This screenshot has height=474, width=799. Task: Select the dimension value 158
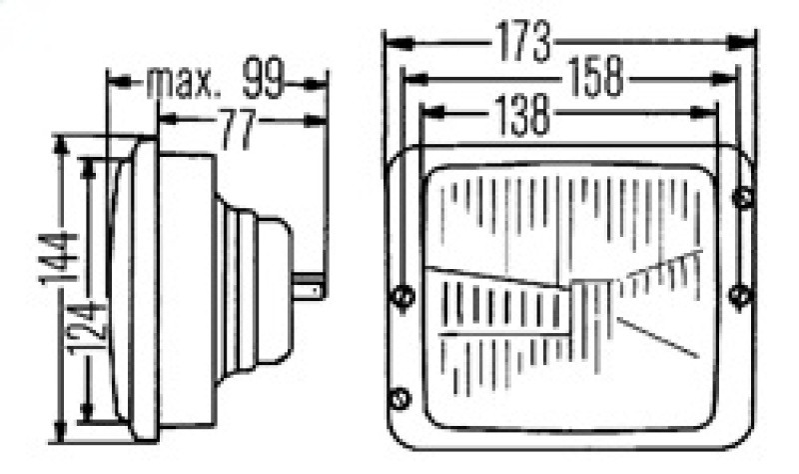click(595, 78)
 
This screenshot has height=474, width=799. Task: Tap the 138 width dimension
click(520, 116)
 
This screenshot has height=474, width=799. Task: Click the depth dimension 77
click(239, 131)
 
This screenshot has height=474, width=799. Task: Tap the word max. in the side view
click(183, 83)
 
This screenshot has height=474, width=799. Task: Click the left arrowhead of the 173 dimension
click(393, 42)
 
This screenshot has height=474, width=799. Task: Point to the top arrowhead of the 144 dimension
click(63, 143)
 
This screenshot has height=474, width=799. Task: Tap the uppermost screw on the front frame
click(742, 197)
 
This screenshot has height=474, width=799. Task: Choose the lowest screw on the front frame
click(400, 397)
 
